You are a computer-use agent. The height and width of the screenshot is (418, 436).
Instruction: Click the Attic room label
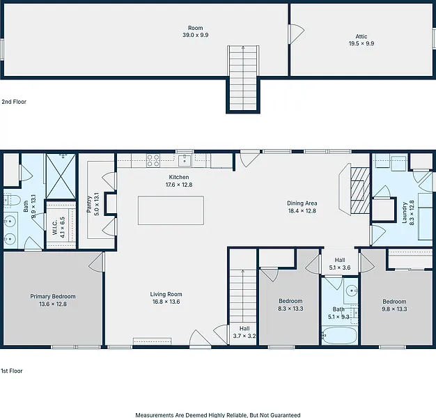tap(361, 36)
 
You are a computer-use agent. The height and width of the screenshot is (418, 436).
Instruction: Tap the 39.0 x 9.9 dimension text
tap(196, 35)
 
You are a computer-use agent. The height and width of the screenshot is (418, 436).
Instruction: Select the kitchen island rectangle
tap(171, 210)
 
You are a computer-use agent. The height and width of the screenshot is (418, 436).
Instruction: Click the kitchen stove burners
tap(153, 161)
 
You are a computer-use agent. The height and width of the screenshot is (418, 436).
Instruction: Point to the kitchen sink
tap(185, 160)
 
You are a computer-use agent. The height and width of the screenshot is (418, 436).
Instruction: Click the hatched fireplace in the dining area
tap(360, 190)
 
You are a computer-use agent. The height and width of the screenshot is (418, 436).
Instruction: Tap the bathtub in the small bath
tap(339, 336)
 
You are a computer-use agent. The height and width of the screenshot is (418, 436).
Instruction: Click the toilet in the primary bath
tap(11, 200)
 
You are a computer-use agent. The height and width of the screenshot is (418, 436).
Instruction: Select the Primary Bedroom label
tap(53, 297)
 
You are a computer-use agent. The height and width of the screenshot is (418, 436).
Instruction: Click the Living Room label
tap(166, 294)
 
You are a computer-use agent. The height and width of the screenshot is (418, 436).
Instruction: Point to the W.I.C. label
tap(55, 227)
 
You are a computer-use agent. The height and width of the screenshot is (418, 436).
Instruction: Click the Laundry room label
tap(404, 212)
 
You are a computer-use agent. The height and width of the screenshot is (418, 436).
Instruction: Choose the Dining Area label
tap(302, 203)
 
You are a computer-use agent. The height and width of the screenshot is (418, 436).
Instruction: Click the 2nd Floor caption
tap(14, 102)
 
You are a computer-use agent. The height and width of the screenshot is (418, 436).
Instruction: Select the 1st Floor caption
tap(12, 371)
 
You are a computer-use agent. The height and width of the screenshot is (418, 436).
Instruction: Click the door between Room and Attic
tap(296, 34)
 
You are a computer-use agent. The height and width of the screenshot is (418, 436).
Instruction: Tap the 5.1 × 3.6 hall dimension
tap(340, 268)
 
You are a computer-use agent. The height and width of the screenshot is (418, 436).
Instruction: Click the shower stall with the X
tap(61, 176)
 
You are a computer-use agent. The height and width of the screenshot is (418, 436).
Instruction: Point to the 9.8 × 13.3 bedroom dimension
tap(394, 309)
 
